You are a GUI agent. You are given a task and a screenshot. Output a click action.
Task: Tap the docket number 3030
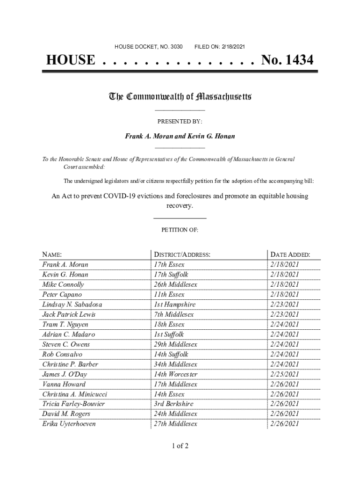pyautogui.click(x=177, y=47)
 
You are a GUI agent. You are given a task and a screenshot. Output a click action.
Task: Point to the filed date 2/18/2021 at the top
pyautogui.click(x=230, y=47)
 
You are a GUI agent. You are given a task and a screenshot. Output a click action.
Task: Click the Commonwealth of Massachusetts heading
pyautogui.click(x=180, y=97)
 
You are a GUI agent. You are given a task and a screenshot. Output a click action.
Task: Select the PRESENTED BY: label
pyautogui.click(x=180, y=122)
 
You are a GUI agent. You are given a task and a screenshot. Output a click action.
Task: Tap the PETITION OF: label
pyautogui.click(x=180, y=230)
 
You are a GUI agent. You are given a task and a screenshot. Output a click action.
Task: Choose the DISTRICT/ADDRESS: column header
pyautogui.click(x=182, y=255)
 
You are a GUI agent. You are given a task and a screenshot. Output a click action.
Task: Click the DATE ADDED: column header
pyautogui.click(x=289, y=255)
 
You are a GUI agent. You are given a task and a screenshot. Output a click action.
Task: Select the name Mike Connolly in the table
pyautogui.click(x=63, y=284)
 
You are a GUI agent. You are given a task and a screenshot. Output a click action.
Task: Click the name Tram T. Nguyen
pyautogui.click(x=65, y=324)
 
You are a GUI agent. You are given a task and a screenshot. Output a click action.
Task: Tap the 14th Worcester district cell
pyautogui.click(x=176, y=374)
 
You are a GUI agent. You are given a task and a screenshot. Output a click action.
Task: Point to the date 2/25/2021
pyautogui.click(x=284, y=374)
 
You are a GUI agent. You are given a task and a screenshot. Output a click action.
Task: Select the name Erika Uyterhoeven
pyautogui.click(x=69, y=424)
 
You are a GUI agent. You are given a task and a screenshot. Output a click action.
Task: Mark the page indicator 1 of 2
pyautogui.click(x=180, y=445)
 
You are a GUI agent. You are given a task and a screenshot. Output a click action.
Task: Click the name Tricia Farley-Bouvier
pyautogui.click(x=73, y=404)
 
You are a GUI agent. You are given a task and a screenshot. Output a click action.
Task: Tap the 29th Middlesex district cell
pyautogui.click(x=175, y=344)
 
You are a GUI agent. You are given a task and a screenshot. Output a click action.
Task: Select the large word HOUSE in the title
pyautogui.click(x=70, y=60)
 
